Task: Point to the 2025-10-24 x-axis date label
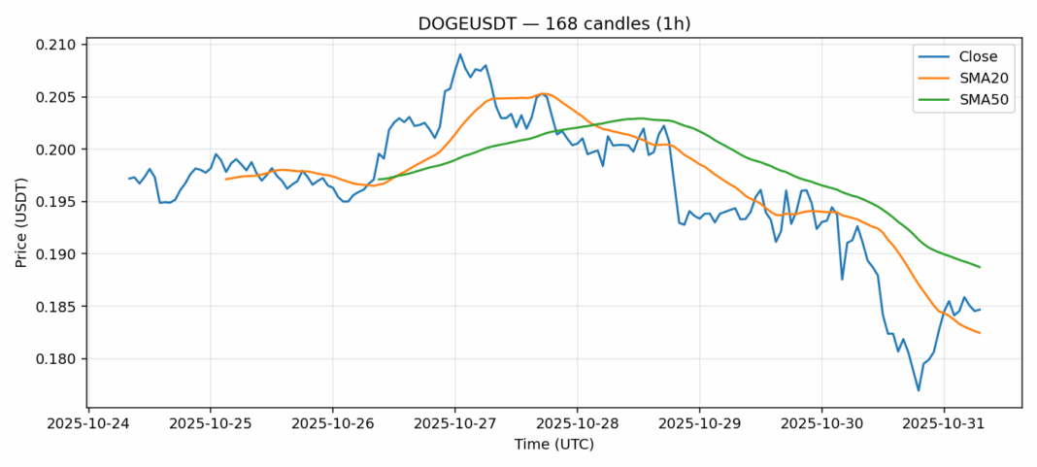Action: click(88, 423)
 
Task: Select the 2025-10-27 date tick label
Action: click(455, 423)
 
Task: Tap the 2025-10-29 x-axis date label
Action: click(700, 423)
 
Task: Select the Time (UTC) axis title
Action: click(553, 445)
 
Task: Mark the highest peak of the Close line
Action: click(460, 54)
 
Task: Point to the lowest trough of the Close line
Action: click(919, 390)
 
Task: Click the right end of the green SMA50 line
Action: click(980, 267)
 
